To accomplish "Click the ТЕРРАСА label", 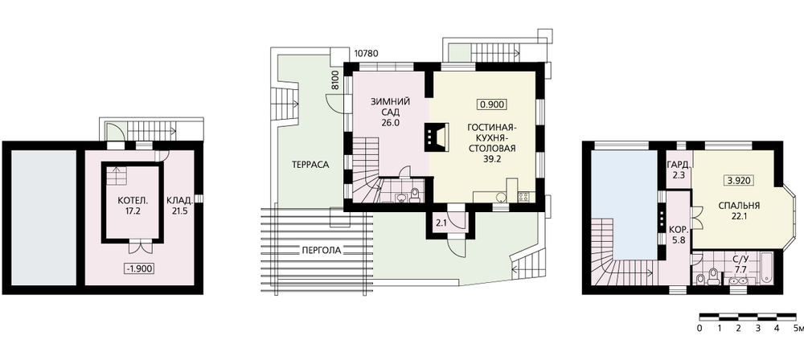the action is (x=310, y=165).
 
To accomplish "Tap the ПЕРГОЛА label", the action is (x=321, y=251).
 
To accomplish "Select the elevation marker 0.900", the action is (x=493, y=104).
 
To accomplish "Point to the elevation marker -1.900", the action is (x=139, y=268).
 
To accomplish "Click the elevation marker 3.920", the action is (x=738, y=181).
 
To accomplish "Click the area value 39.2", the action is (x=492, y=159).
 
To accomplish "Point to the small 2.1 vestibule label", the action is (x=441, y=223).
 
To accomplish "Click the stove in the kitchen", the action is (x=523, y=196).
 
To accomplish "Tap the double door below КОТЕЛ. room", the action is (x=139, y=246).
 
